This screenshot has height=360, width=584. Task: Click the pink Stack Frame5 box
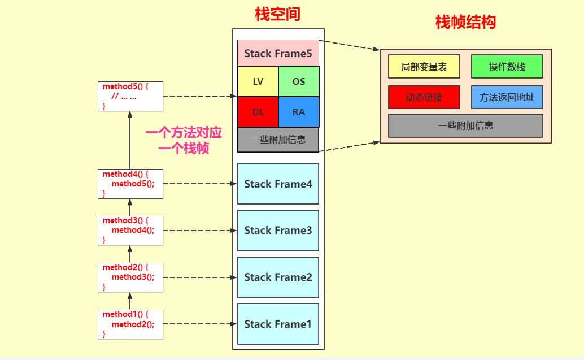coord(278,54)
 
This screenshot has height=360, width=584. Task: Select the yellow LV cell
coord(258,81)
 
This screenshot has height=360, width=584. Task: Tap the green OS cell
coord(299,81)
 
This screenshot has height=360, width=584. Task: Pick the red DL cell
coord(258,112)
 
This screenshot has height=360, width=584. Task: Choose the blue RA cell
coord(299,112)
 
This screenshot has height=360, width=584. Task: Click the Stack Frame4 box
coord(278,184)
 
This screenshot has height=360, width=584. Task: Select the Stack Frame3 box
coord(278,231)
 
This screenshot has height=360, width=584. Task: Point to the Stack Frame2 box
coord(278,277)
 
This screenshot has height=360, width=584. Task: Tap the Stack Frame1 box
coord(278,324)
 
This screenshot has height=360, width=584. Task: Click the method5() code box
coord(130,96)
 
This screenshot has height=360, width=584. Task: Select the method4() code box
coord(130,184)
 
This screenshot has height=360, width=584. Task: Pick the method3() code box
coord(130,230)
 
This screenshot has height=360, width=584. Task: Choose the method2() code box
coord(130,277)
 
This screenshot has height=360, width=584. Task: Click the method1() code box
coord(130,324)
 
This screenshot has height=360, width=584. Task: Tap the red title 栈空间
coord(277,15)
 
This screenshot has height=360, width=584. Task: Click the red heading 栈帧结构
coord(465,22)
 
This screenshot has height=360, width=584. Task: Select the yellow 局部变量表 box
coord(424,66)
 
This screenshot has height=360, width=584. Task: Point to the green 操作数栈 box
coord(507,66)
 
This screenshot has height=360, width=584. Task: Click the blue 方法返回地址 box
coord(507,97)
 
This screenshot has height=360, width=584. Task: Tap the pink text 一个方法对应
coord(184,133)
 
